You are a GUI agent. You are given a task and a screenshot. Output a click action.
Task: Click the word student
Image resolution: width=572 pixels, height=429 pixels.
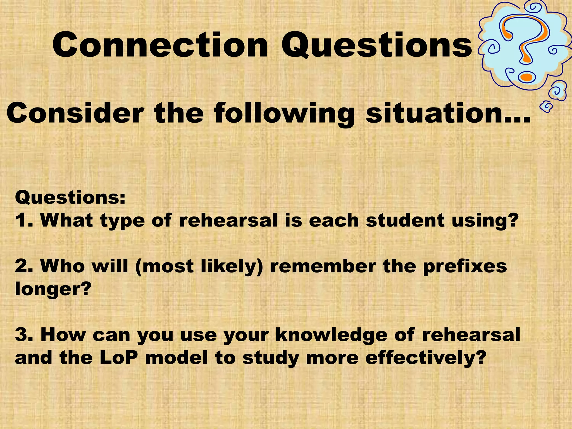(405, 220)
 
